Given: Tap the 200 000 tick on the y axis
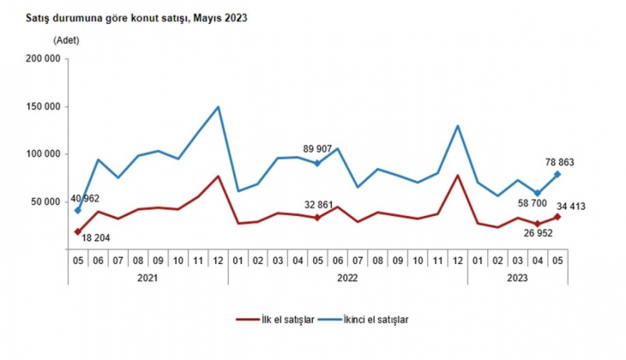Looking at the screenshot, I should (43, 59).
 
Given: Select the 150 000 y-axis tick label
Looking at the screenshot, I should (43, 107).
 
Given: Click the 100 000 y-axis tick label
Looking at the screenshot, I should (43, 154).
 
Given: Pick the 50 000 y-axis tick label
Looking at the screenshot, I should (45, 202).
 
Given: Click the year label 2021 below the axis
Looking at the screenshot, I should (148, 277).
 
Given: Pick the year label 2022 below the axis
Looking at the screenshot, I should (347, 277).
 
